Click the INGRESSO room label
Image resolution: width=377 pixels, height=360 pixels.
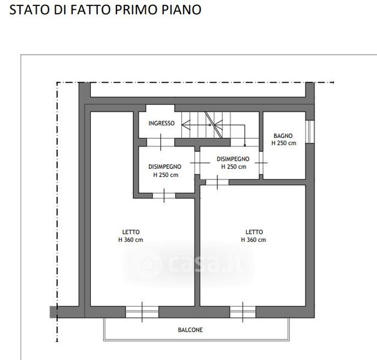click(x=161, y=123)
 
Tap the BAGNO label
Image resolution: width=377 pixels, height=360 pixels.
click(x=283, y=136)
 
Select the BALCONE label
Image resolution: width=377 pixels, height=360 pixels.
click(x=190, y=330)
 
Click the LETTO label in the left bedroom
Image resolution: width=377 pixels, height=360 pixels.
click(x=131, y=232)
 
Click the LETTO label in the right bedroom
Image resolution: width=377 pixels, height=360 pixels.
click(x=254, y=232)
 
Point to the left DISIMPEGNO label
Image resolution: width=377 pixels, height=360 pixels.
click(x=164, y=167)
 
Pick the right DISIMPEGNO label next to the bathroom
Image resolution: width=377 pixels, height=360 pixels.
click(x=233, y=159)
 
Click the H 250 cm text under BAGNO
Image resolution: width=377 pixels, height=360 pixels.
click(x=284, y=143)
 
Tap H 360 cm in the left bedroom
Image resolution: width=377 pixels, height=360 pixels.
click(x=130, y=240)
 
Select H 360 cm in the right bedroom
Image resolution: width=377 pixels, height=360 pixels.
click(x=253, y=240)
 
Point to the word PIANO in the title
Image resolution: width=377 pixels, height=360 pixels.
click(x=181, y=10)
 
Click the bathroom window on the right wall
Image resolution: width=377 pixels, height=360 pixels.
click(x=310, y=131)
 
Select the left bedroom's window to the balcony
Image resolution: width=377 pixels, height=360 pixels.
click(x=142, y=312)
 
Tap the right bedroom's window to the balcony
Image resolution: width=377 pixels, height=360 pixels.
click(x=243, y=312)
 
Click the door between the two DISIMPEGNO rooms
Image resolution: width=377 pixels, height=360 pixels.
click(x=198, y=163)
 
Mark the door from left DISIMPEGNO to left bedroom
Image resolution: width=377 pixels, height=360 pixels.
click(x=164, y=196)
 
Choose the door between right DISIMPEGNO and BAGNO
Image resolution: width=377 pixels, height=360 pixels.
click(x=261, y=163)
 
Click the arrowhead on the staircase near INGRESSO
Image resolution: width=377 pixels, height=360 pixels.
click(x=185, y=125)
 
